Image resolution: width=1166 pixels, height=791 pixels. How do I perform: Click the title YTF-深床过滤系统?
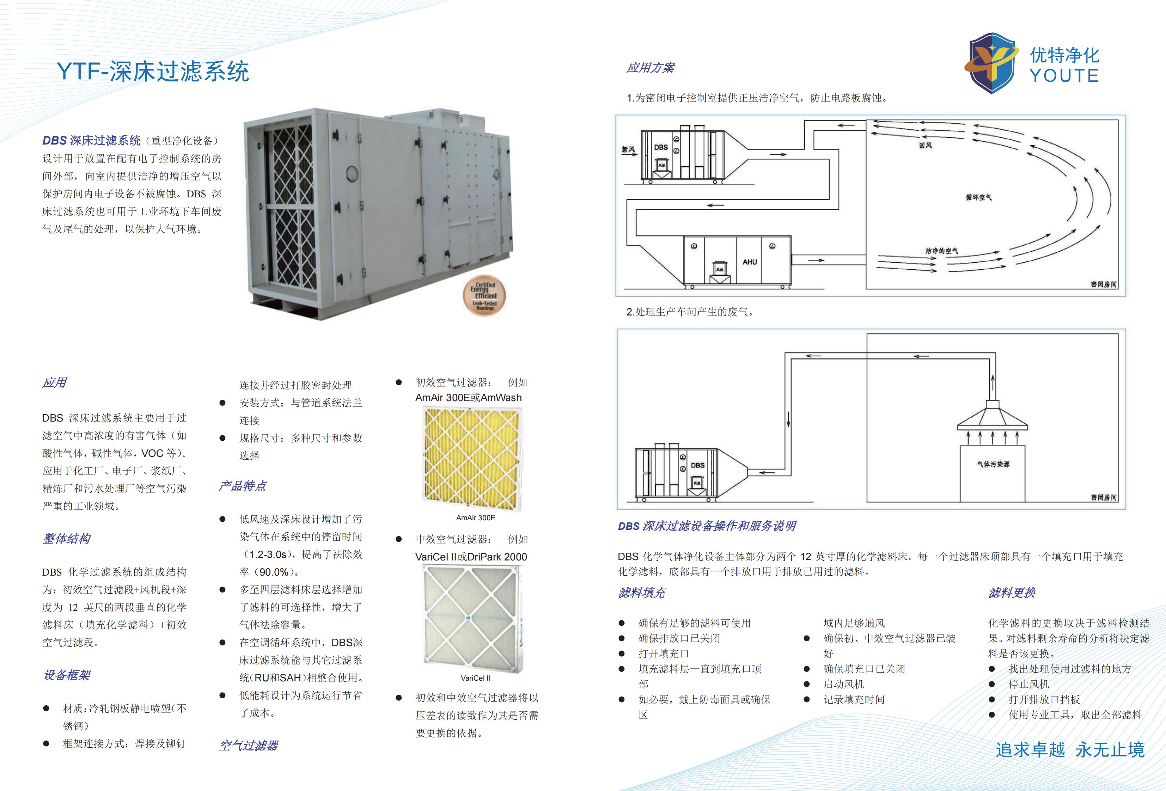[153, 71]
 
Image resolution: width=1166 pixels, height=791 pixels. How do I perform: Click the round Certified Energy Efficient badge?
[484, 296]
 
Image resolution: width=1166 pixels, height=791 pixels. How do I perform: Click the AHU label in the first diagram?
[750, 262]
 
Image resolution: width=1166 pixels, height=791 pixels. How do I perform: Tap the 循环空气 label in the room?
[978, 197]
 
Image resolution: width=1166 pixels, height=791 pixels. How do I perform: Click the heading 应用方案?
[650, 68]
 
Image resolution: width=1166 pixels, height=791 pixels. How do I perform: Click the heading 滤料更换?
[1012, 593]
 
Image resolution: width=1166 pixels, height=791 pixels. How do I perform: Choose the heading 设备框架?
[67, 675]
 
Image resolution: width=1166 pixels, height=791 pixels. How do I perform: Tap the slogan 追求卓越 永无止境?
[1070, 750]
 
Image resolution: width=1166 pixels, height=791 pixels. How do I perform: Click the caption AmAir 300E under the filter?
[475, 517]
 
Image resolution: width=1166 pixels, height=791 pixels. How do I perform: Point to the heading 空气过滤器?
[249, 746]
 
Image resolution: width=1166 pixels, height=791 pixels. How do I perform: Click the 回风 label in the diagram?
[925, 146]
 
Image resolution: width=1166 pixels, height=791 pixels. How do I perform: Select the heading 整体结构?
[67, 539]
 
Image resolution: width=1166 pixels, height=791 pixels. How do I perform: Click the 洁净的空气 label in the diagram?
[941, 251]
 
